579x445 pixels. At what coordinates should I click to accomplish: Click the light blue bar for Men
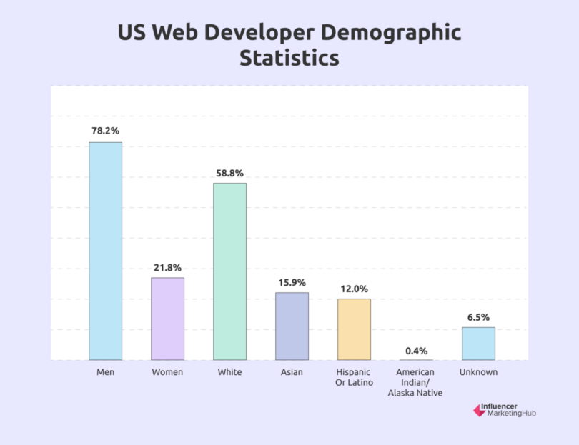105,251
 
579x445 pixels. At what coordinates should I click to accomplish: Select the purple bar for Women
167,319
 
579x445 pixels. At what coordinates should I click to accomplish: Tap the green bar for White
229,271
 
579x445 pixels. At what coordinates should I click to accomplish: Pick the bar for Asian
292,326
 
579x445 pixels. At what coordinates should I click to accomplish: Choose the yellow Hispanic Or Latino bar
354,329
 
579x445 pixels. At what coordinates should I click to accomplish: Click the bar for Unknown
478,344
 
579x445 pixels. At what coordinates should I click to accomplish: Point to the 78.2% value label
105,131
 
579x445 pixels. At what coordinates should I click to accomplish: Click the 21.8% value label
167,267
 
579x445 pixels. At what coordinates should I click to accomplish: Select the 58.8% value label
229,173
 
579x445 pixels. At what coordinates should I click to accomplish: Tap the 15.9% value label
292,281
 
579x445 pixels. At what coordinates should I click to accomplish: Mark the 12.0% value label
354,289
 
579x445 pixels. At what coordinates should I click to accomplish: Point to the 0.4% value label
416,350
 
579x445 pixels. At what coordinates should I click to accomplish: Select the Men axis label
105,372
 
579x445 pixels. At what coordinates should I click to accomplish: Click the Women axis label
167,372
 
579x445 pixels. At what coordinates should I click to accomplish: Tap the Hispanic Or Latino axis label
354,377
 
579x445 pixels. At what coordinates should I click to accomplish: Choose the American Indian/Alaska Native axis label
416,382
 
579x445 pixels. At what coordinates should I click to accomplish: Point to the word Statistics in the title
289,58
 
